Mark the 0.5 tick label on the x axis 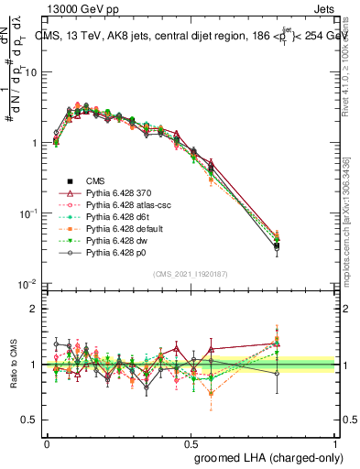[191, 442]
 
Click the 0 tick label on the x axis [47, 442]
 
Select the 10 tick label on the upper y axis [32, 71]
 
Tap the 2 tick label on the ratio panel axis [35, 309]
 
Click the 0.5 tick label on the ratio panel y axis [30, 420]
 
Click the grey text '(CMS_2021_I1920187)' [191, 274]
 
